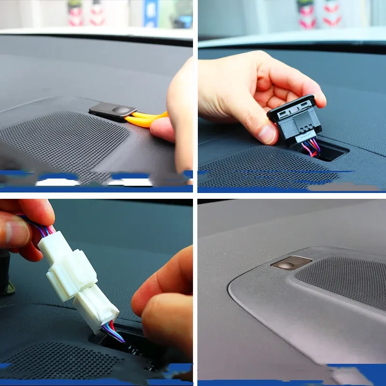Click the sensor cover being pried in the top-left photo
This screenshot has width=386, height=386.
pyautogui.click(x=112, y=111)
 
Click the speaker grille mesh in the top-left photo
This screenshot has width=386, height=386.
pyautogui.click(x=63, y=145)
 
